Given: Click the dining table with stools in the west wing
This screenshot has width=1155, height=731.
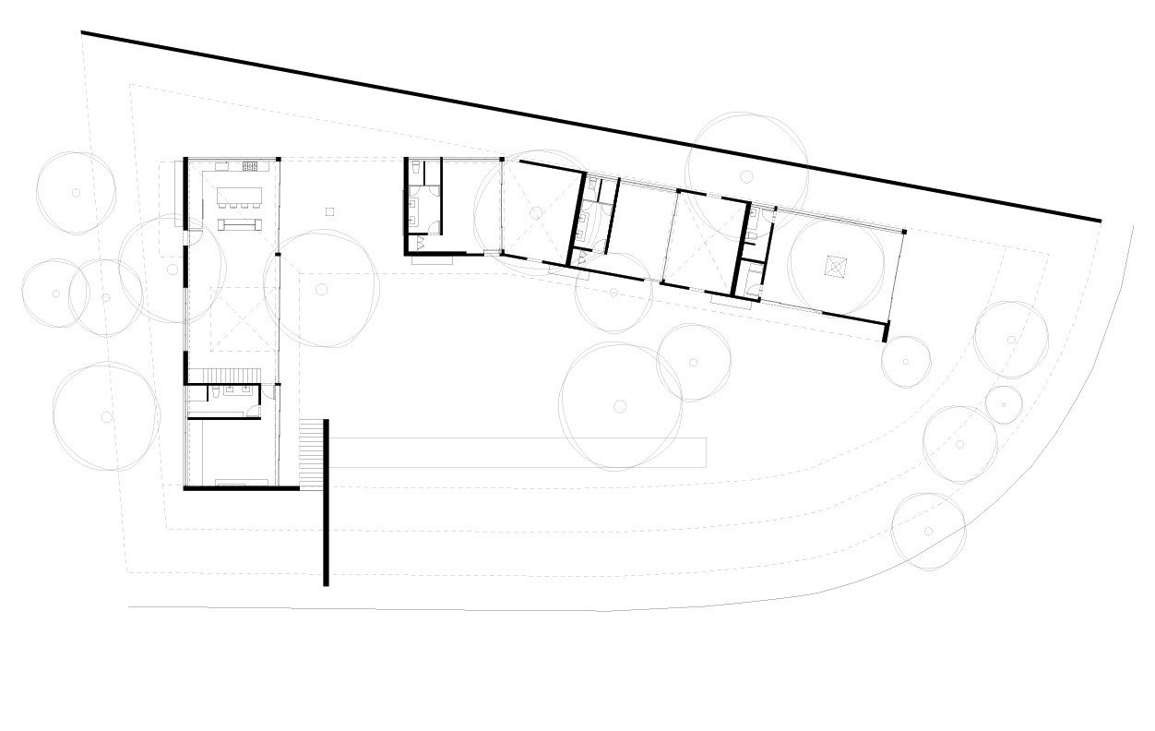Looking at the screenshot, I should [x=239, y=197].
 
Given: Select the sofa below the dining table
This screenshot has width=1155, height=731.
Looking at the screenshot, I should [x=239, y=224].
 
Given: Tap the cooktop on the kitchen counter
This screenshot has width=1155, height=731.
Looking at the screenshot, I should [x=250, y=166].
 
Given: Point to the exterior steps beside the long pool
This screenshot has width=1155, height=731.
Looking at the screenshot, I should [x=314, y=453].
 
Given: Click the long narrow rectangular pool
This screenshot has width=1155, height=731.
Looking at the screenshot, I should [x=517, y=451].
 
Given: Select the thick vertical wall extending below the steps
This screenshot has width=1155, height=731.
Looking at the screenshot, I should [x=326, y=535].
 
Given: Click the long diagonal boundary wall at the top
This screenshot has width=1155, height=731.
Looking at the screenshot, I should [x=590, y=126].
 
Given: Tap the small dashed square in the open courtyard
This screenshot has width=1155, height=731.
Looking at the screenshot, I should [x=329, y=212].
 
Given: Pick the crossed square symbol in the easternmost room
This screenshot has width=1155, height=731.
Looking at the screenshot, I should [x=834, y=266].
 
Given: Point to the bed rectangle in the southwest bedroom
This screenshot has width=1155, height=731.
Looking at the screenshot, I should [x=243, y=482].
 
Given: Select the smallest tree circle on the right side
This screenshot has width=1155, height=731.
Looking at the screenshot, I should [x=1003, y=402].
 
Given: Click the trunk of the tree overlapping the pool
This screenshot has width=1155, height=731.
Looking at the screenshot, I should [x=620, y=406].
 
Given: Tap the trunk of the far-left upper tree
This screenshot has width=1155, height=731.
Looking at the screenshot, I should [x=76, y=193].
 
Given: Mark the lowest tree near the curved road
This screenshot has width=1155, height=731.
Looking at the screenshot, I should [x=928, y=531].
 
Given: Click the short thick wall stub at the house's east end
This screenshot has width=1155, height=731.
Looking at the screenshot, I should [x=886, y=331].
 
